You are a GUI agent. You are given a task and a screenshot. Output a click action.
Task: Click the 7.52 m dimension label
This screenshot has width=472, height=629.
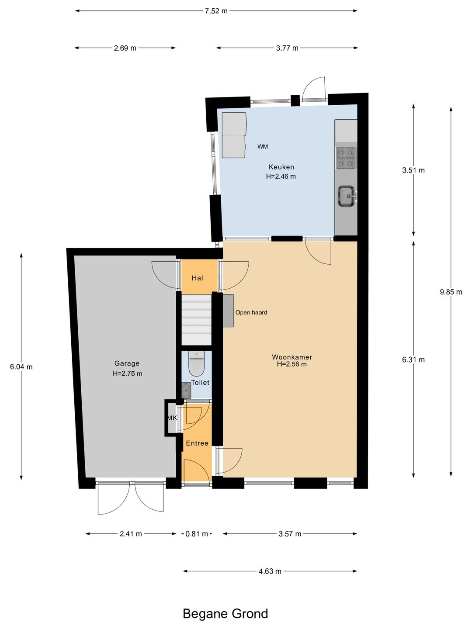tap(216, 11)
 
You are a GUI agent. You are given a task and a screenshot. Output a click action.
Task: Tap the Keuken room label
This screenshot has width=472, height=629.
tap(281, 167)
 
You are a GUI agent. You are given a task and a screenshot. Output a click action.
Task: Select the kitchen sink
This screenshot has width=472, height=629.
tap(347, 196)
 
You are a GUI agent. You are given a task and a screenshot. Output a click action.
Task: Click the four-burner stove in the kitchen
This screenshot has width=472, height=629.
tap(346, 158)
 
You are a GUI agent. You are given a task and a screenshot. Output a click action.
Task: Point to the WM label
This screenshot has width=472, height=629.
tap(263, 147)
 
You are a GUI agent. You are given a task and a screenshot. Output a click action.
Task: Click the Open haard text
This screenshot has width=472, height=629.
tap(251, 312)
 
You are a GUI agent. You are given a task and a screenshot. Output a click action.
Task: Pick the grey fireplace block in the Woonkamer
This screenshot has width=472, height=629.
tap(228, 310)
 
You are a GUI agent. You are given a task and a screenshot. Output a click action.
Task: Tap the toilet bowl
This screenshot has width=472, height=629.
tap(197, 363)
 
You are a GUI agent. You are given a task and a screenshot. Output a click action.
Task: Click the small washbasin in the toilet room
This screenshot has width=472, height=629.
tap(186, 391)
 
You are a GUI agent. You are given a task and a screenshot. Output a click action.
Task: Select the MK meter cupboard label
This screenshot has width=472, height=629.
tap(172, 418)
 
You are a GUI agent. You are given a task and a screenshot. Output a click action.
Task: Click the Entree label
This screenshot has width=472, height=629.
tap(197, 443)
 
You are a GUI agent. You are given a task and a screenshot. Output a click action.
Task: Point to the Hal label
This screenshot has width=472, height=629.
tap(198, 278)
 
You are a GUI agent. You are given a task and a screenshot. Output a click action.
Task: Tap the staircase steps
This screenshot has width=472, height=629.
tap(197, 320)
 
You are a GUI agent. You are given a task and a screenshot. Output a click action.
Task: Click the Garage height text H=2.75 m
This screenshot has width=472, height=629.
tap(127, 373)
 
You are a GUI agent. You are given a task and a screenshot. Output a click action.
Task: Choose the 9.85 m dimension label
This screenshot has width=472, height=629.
tap(451, 292)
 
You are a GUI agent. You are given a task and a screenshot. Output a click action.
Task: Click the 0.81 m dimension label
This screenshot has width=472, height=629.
tap(197, 534)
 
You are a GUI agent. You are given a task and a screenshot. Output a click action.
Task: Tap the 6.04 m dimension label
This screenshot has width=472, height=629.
tap(21, 366)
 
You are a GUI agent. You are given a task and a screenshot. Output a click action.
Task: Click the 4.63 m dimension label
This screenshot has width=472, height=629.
tap(270, 571)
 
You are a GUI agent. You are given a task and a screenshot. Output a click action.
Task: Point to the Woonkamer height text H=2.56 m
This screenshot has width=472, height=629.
tap(292, 364)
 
